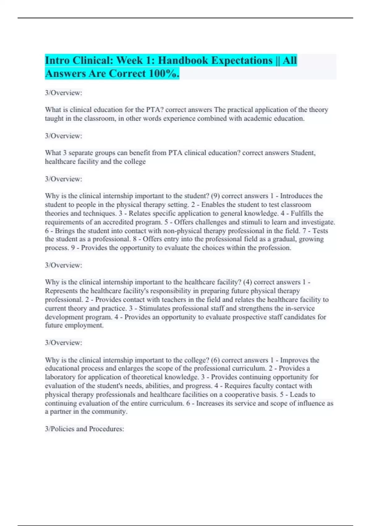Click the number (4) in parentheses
point(247,282)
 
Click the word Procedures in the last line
point(106,429)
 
